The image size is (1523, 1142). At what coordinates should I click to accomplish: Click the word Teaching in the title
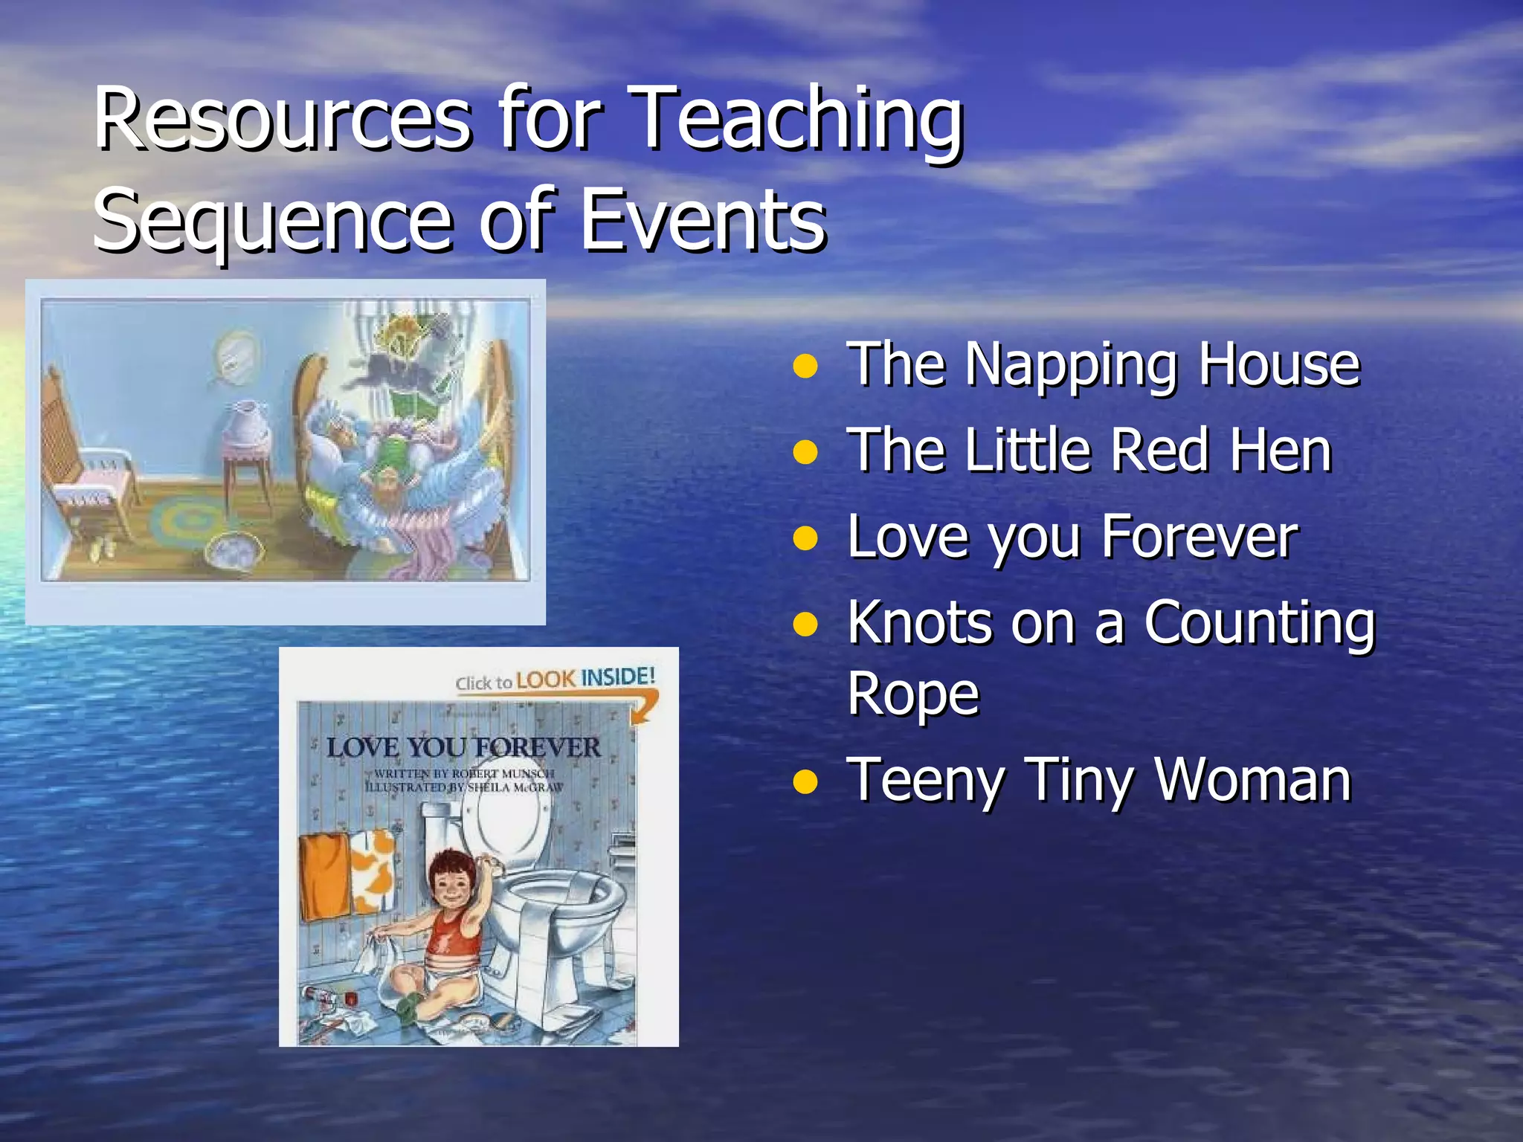click(x=799, y=119)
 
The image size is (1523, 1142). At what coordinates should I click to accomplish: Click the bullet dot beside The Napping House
click(x=805, y=366)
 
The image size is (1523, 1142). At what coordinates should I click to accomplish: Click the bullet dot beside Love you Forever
click(x=805, y=538)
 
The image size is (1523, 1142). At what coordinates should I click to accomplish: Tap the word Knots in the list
click(x=919, y=622)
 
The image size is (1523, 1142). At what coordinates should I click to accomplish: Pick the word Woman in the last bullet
click(x=1252, y=781)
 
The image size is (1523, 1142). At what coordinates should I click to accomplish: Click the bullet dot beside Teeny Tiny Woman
click(x=805, y=782)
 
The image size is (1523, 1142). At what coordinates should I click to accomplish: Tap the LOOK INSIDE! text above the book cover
click(x=585, y=678)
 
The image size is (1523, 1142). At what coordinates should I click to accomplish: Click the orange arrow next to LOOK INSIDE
click(x=644, y=706)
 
